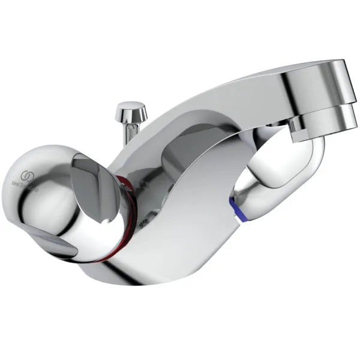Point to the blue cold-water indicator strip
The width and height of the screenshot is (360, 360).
click(x=244, y=207)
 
